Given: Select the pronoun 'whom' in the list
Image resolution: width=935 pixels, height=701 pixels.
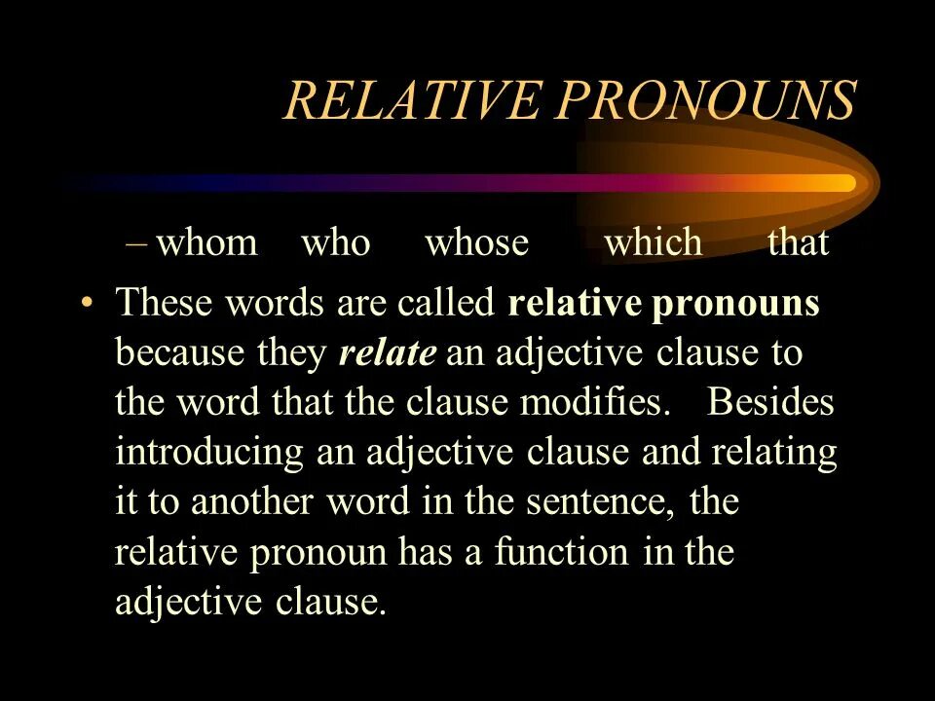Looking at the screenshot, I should pos(206,242).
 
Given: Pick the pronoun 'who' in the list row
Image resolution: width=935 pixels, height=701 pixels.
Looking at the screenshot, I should pos(336,242).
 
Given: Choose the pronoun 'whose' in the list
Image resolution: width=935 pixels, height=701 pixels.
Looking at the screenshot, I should pos(476,242).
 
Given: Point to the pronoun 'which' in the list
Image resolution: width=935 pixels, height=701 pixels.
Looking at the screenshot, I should pos(653,242).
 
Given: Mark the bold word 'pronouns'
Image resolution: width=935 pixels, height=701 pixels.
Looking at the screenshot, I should pos(735,304).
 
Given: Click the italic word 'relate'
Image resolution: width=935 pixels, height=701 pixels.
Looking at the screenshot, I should pos(387,353).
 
